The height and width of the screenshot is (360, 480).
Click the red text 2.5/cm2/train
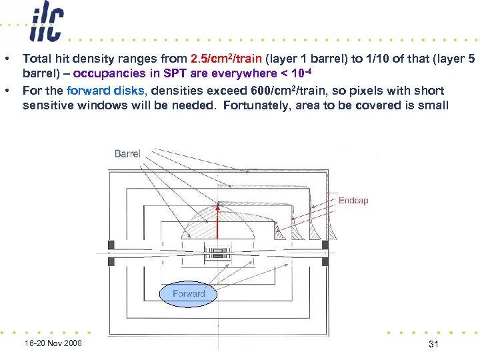coord(227,59)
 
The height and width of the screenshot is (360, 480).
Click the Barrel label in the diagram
coord(127,154)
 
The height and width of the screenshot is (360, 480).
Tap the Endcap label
coord(353,201)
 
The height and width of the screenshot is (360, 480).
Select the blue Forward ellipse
coord(189,294)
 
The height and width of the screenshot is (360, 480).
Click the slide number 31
coord(433,343)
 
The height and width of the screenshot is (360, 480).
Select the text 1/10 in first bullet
coord(365,59)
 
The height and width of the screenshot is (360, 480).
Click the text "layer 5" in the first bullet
coord(457,59)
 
